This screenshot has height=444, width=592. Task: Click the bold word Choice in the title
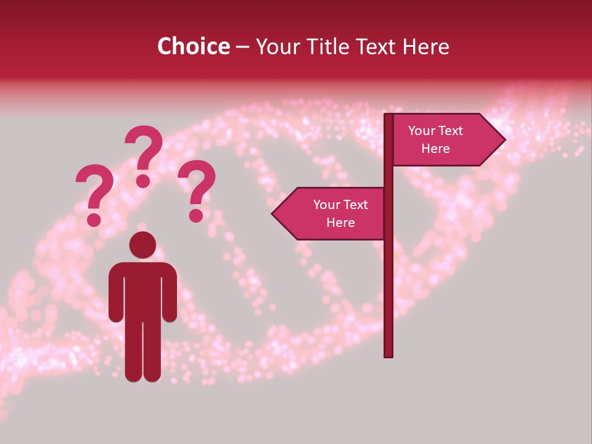(193, 46)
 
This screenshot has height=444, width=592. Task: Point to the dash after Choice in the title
(242, 47)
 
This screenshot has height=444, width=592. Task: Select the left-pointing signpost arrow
(330, 213)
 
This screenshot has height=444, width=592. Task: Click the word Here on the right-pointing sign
(435, 149)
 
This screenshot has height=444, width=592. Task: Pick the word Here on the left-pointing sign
(340, 223)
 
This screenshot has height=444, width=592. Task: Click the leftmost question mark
(95, 188)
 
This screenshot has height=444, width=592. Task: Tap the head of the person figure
(142, 245)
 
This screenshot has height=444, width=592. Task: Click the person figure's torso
(142, 290)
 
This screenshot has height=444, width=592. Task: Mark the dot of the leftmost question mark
(94, 219)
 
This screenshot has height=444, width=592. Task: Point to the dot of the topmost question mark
(143, 181)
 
